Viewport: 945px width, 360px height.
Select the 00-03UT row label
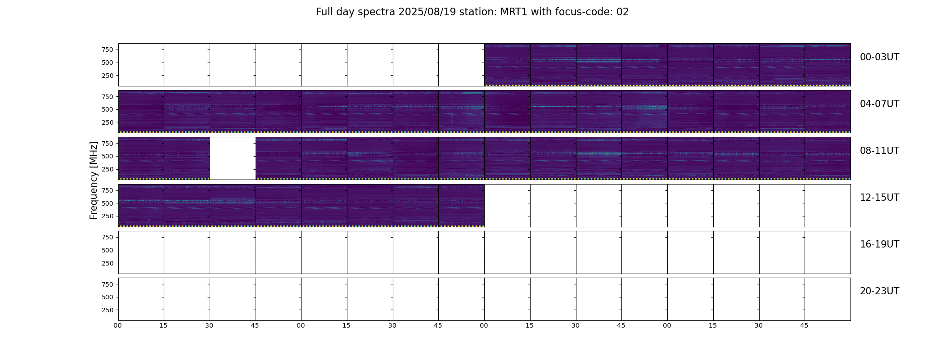point(879,57)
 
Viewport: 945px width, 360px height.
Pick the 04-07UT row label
point(879,104)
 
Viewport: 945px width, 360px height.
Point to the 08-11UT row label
point(879,151)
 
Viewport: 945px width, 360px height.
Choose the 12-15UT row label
point(879,198)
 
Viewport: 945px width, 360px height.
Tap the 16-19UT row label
point(879,244)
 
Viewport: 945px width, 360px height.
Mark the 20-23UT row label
point(879,291)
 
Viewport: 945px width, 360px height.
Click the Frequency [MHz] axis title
point(94,180)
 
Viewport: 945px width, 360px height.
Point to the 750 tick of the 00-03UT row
point(108,49)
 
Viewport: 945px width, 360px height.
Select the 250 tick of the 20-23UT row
point(108,310)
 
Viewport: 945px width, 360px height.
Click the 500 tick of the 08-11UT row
point(108,156)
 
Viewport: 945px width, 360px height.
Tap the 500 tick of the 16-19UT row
point(108,250)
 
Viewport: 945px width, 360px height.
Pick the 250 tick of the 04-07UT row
point(108,122)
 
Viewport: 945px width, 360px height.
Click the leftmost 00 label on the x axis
point(118,325)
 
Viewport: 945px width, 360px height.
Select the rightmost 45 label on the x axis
point(804,325)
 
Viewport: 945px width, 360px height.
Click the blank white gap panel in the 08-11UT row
point(233,158)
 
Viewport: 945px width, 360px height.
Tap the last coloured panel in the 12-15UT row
point(461,205)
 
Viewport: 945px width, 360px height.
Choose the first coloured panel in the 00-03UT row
point(507,65)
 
